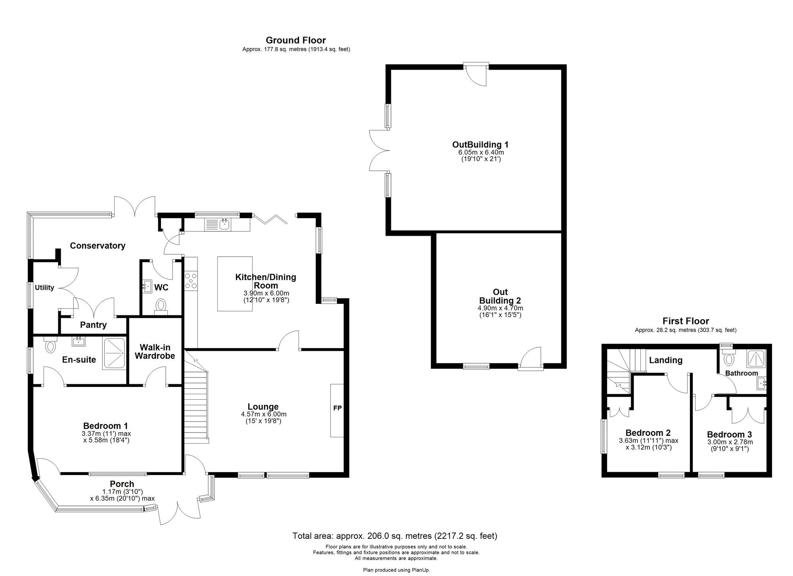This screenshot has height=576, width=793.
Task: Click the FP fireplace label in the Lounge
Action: (337, 408)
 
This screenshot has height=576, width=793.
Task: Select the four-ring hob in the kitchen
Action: (191, 280)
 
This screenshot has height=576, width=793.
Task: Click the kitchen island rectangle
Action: (235, 284)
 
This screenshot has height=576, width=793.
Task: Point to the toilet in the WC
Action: (161, 305)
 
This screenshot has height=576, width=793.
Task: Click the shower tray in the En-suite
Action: (114, 353)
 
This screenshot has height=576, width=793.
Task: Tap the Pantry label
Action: (93, 325)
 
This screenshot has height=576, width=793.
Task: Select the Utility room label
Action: (44, 288)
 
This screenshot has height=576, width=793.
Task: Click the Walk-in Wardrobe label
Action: (155, 352)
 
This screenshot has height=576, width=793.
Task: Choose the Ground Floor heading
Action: (295, 40)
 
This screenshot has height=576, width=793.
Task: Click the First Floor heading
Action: (686, 321)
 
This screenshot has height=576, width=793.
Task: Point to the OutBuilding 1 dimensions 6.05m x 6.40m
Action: (481, 152)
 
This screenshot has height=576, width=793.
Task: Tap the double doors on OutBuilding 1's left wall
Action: (378, 151)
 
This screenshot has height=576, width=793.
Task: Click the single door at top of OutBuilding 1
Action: (477, 74)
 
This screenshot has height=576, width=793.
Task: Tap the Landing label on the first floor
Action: (665, 360)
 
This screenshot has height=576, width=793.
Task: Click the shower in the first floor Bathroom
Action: (757, 359)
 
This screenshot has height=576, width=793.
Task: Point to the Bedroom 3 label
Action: (729, 435)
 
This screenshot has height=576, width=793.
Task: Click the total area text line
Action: (395, 536)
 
